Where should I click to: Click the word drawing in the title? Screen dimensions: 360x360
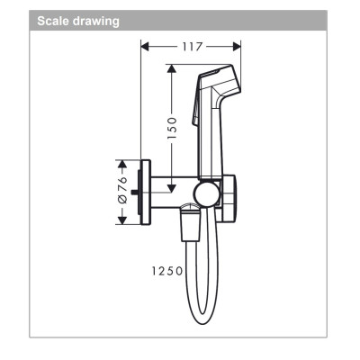97,19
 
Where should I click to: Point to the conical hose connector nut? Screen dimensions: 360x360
190,220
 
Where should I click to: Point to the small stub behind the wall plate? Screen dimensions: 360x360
134,192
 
